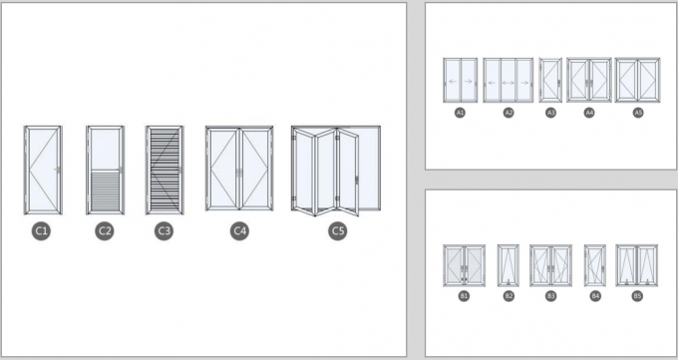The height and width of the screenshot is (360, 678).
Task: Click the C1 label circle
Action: coord(42,231)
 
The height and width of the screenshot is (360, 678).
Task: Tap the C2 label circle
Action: coord(105,231)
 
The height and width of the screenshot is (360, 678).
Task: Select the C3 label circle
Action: coord(165,231)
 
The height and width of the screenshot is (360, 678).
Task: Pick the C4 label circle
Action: coord(239,231)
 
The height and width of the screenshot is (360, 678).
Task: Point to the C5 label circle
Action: coord(337,231)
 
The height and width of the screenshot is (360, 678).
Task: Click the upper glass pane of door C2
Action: coord(105,151)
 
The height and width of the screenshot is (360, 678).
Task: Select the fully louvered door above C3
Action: coord(165,170)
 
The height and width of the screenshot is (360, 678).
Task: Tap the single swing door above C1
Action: coord(42,170)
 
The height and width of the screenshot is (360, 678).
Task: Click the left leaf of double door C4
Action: coord(222,170)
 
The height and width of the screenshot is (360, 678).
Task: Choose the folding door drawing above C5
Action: coord(336,170)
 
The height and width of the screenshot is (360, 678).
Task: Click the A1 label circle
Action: coord(460,114)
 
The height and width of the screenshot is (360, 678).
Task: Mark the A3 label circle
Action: coord(550,114)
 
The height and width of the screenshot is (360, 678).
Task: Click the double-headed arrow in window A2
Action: coord(508,81)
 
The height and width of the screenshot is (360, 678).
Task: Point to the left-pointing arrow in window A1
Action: coord(453,81)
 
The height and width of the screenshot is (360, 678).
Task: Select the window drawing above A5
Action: coord(638,81)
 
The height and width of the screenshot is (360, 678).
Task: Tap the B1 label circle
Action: coord(464,296)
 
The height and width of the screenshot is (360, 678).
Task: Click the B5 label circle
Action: coord(637,296)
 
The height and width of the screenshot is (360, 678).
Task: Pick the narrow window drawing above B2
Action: coord(508,265)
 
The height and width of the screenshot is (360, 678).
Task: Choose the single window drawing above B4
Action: coord(594,265)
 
